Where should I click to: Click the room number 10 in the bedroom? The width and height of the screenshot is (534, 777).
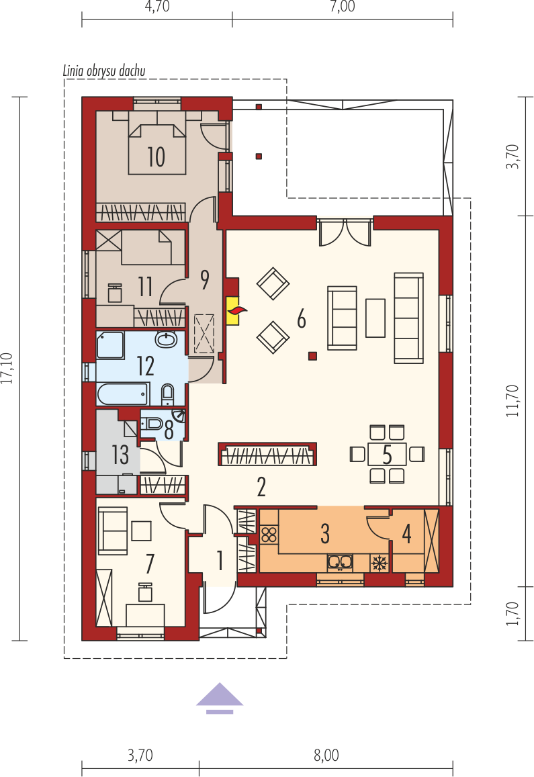(x=157, y=156)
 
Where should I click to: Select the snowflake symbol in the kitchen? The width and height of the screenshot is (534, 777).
(x=380, y=563)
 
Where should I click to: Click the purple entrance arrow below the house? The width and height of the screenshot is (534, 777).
(x=220, y=698)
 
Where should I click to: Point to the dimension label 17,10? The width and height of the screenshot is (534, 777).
(x=7, y=368)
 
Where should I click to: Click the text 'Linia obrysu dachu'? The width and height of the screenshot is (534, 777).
(x=104, y=71)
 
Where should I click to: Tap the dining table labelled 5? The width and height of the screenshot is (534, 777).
(x=387, y=454)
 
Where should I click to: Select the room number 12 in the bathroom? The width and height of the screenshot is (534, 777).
(x=146, y=366)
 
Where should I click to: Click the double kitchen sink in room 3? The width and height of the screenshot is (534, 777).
(x=340, y=562)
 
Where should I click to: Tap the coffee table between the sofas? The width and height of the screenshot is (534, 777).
(x=375, y=318)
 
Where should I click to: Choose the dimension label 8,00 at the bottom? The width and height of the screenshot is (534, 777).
(x=326, y=756)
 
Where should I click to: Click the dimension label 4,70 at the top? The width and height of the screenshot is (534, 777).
(x=157, y=7)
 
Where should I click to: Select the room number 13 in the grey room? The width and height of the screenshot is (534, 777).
(x=120, y=455)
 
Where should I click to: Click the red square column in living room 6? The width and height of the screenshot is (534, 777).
(x=312, y=355)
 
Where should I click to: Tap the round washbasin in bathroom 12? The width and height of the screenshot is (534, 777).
(x=166, y=339)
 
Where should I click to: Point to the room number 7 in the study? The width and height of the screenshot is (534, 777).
(x=150, y=563)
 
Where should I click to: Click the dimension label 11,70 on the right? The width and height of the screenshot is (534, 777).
(x=513, y=401)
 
